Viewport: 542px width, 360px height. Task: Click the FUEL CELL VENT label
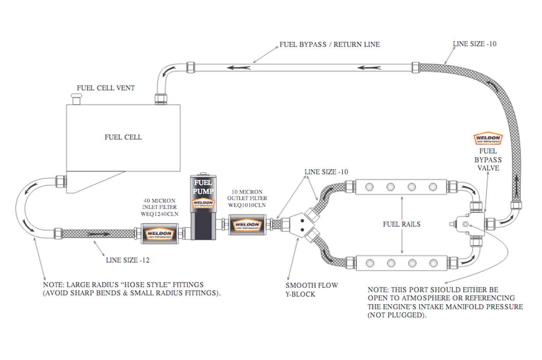pos(105,88)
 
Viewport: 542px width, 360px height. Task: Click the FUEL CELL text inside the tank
pos(123,137)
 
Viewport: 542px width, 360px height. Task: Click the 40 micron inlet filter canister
pos(159,233)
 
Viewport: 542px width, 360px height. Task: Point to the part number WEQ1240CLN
pos(160,214)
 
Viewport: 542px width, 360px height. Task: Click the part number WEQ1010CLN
pos(247,205)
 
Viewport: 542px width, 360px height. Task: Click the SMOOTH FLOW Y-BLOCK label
pos(312,290)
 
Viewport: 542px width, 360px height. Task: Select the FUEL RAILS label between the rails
pos(401,224)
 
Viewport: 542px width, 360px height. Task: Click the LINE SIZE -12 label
pos(127,260)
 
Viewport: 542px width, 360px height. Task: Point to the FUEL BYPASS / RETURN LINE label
pos(329,45)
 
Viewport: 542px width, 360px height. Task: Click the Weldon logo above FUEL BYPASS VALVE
pos(488,139)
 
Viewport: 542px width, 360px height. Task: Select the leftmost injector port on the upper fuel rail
pos(370,187)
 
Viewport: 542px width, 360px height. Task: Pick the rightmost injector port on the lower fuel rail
pos(433,263)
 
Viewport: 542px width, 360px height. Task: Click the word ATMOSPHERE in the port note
pos(425,298)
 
